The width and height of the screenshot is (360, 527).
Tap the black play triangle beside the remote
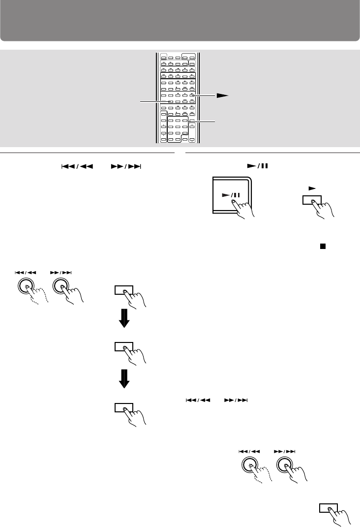(x=223, y=96)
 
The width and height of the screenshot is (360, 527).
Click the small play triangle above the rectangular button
(x=310, y=187)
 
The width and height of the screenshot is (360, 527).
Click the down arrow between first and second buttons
(x=124, y=318)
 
